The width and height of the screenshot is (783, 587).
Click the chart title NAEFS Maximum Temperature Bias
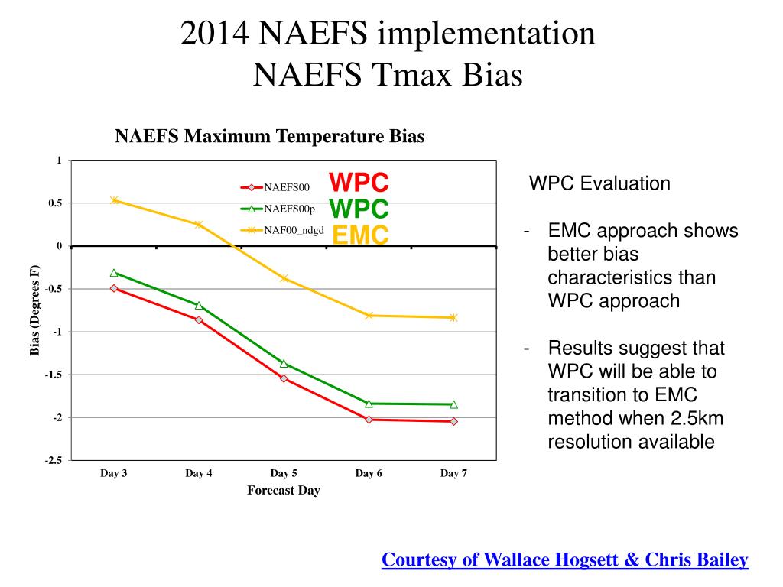(x=269, y=137)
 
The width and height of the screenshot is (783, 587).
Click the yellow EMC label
(x=360, y=235)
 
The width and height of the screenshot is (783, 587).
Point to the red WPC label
(x=359, y=183)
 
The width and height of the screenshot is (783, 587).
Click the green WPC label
(x=359, y=209)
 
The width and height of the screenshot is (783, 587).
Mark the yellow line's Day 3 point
(x=114, y=200)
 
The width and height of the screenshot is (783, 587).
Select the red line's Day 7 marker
(x=453, y=421)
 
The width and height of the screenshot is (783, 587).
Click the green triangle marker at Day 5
(x=284, y=363)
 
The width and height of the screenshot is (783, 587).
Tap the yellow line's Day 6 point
(x=369, y=315)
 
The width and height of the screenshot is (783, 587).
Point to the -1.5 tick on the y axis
(x=54, y=375)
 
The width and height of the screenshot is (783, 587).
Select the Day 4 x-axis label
(x=199, y=474)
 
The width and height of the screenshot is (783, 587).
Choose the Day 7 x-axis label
(x=453, y=474)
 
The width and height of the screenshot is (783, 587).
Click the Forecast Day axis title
(x=283, y=491)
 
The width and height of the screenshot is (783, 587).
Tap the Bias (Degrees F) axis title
(x=34, y=310)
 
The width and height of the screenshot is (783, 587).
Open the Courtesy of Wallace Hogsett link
(x=564, y=560)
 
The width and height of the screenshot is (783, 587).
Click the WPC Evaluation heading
(x=600, y=183)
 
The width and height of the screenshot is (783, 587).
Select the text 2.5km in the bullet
(x=694, y=418)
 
